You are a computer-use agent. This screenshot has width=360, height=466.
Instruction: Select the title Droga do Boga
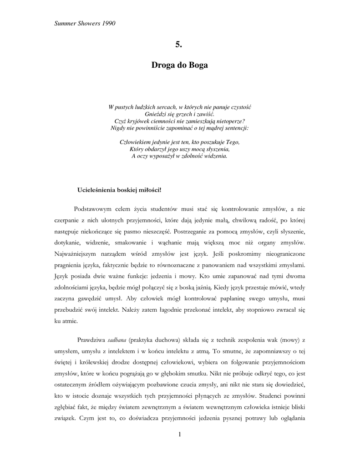pyautogui.click(x=179, y=66)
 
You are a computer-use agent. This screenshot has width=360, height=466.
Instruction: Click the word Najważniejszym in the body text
pyautogui.click(x=79, y=253)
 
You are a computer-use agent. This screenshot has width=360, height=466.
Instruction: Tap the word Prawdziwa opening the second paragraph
pyautogui.click(x=91, y=340)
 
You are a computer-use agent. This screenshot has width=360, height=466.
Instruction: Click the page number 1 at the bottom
pyautogui.click(x=180, y=435)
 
